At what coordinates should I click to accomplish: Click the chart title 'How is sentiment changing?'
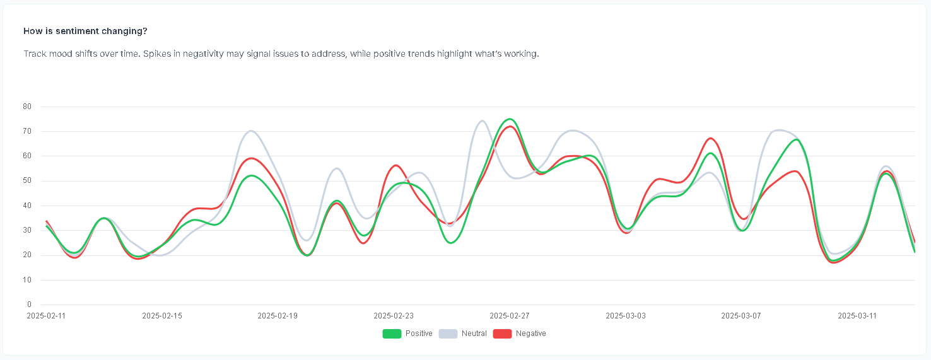[85, 31]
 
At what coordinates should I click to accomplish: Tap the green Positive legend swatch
[392, 334]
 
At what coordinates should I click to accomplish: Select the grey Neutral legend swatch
[448, 334]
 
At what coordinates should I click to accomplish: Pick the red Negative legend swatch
[502, 334]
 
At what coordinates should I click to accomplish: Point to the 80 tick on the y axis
[27, 107]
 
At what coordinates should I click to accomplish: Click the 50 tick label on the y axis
[27, 181]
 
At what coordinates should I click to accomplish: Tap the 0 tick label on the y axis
[29, 305]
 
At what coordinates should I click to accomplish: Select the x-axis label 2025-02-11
[46, 315]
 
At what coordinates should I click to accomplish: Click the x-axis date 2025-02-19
[278, 315]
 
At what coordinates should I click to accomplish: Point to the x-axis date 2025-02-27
[510, 315]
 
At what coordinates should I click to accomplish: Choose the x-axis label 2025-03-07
[741, 315]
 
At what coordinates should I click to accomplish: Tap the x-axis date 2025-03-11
[857, 315]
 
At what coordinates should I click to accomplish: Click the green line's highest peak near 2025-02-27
[509, 119]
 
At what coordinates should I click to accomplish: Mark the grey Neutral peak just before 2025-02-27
[482, 121]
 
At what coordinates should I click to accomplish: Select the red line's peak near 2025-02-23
[395, 166]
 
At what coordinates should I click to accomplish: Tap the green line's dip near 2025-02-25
[451, 243]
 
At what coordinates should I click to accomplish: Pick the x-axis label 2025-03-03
[626, 315]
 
